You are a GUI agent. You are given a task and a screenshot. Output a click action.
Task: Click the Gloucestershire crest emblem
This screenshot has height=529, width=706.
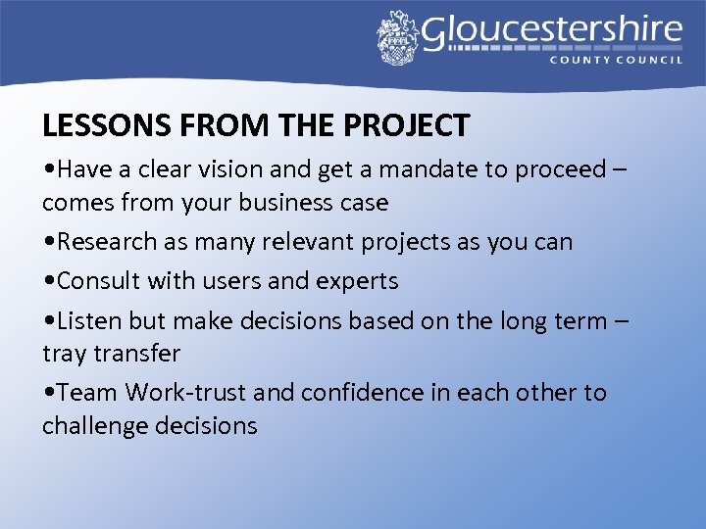point(397,37)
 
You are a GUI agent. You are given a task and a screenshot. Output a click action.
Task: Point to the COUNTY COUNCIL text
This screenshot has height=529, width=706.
point(617,60)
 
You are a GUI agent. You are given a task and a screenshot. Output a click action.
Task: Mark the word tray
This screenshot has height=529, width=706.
point(61,354)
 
